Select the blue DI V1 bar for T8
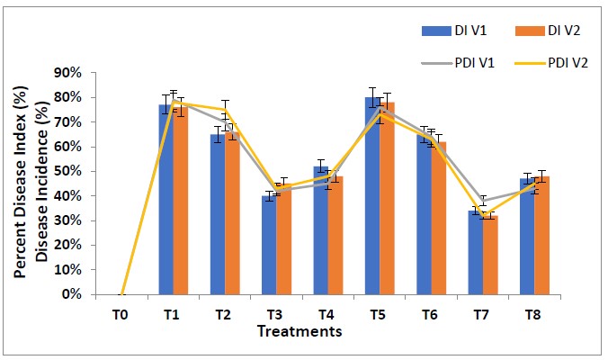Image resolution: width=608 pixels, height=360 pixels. point(527,237)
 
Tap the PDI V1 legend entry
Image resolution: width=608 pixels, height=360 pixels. point(455,63)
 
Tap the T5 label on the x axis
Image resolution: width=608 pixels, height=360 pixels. point(379,315)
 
